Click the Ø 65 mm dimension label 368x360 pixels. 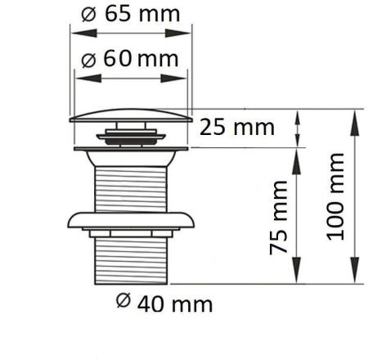point(131,14)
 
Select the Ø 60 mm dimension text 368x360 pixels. point(130,59)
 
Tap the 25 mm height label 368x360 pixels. point(237,128)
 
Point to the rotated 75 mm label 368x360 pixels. point(279,218)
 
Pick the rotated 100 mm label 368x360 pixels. point(335,196)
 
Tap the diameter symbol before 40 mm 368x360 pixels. point(123,301)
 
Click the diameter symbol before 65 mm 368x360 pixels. point(88,15)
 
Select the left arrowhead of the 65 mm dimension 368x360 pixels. point(84,34)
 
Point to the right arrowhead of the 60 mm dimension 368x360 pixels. point(173,79)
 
